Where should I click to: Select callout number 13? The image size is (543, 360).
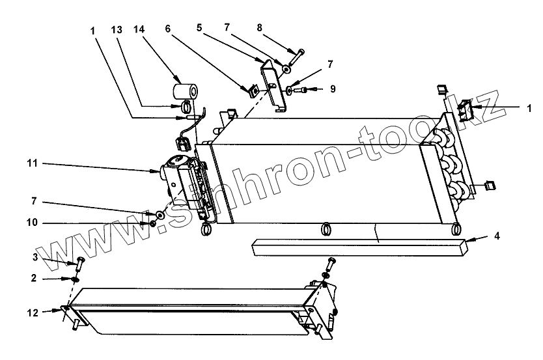[117, 30]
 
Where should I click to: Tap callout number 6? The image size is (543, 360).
[167, 30]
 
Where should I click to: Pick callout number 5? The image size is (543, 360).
[200, 28]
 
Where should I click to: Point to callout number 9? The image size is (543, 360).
[332, 89]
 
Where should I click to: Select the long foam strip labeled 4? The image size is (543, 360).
[358, 247]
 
